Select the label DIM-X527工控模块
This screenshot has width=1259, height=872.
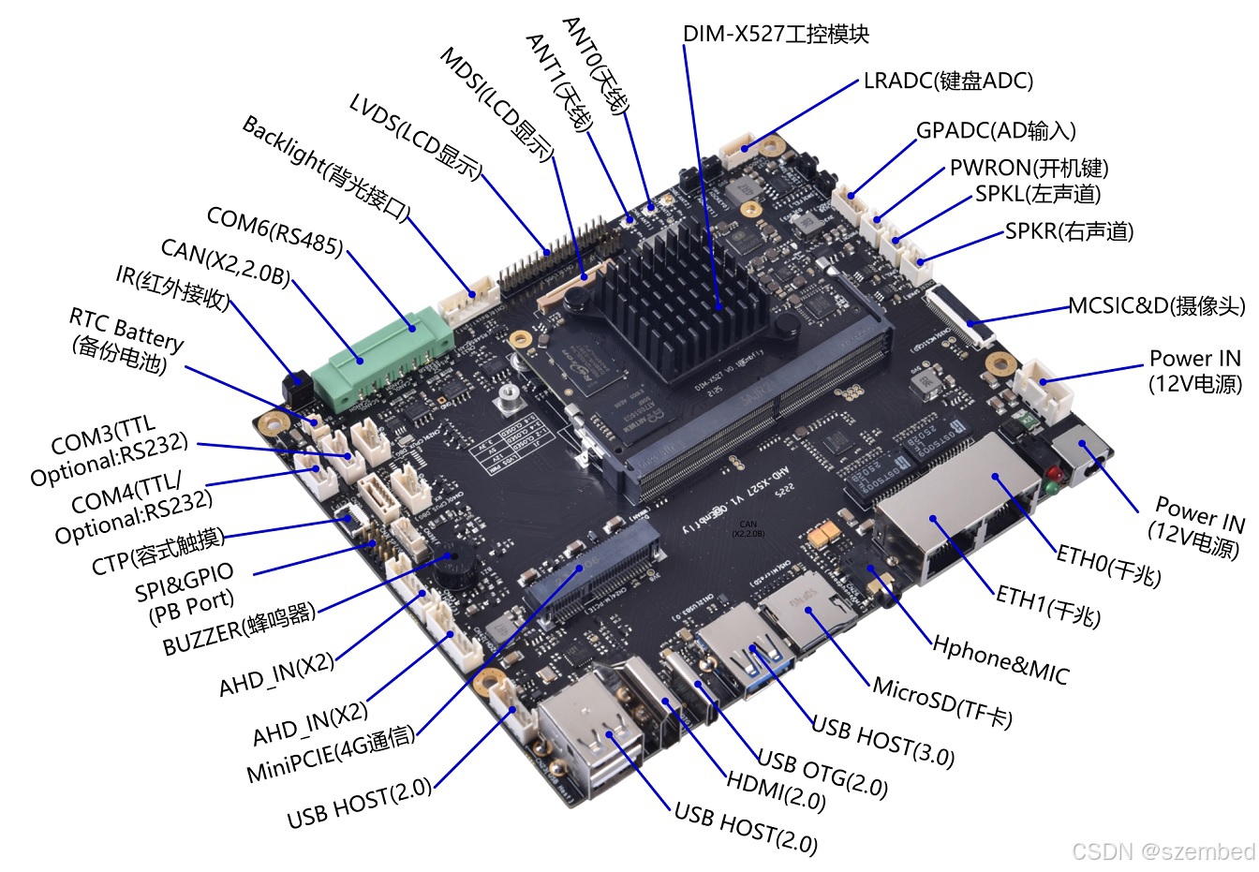(776, 35)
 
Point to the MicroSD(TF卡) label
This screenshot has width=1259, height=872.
(942, 702)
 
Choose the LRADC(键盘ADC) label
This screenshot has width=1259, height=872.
(948, 81)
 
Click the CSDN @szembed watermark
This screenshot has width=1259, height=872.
(1163, 851)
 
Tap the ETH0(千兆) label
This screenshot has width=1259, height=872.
(1109, 566)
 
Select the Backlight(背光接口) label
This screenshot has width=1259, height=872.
(325, 168)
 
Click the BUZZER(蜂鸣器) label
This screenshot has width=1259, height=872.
(240, 629)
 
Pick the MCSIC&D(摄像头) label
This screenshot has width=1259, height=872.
(1157, 306)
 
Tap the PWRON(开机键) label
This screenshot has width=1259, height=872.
(1029, 168)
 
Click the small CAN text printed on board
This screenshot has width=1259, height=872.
(748, 528)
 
